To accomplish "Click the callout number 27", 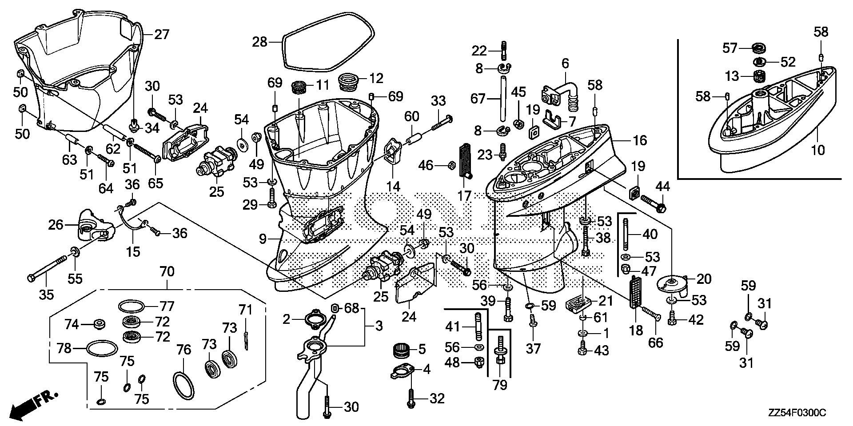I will (161, 34).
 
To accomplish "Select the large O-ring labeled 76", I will (183, 385).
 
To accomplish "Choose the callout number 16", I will (639, 140).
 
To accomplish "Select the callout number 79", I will (500, 384).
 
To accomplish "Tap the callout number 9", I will (263, 240).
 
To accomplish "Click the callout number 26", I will (56, 225).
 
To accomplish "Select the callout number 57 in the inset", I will (729, 48).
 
